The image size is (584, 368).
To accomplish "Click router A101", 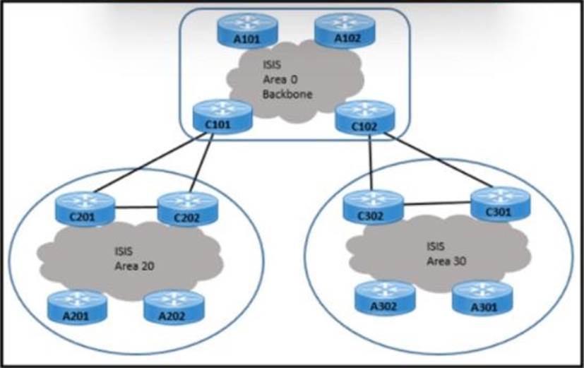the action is [248, 30].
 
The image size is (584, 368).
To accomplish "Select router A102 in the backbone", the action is [345, 30].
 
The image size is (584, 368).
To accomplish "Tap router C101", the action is [222, 117].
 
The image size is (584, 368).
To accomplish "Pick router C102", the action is [365, 117].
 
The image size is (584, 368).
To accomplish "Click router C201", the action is [85, 208].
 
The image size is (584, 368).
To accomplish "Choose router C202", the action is [188, 209].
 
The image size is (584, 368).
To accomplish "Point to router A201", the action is [78, 308].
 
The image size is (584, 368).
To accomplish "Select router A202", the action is [174, 308].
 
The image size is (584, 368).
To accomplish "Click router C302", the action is [373, 207].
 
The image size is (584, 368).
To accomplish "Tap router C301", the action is [501, 204].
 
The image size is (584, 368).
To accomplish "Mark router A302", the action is [385, 298].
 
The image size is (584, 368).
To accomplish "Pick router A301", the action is [483, 298].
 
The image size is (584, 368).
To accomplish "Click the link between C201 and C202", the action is [137, 208].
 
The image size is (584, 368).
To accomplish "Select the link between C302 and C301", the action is [437, 203].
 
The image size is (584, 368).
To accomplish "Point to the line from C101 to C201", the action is [150, 162].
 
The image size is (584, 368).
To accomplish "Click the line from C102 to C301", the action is [439, 160].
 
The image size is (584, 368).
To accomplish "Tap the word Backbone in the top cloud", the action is [287, 94].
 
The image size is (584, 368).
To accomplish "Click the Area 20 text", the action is [134, 266].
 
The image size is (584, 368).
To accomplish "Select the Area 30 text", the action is [446, 261].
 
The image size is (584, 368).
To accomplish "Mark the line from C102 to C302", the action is [371, 162].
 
